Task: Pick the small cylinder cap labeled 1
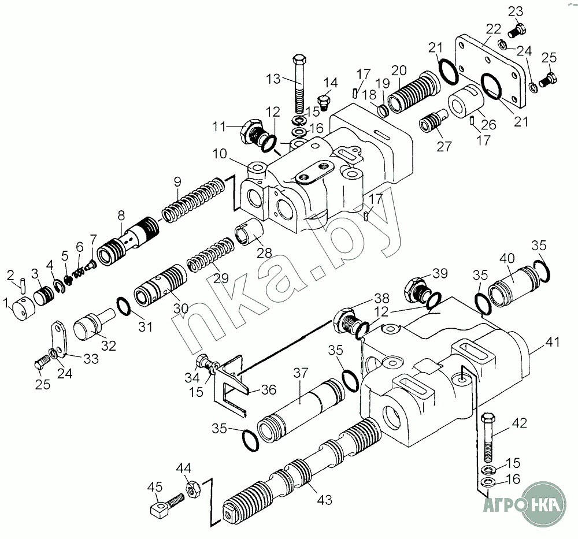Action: (x=22, y=308)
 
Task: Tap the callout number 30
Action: (x=181, y=308)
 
